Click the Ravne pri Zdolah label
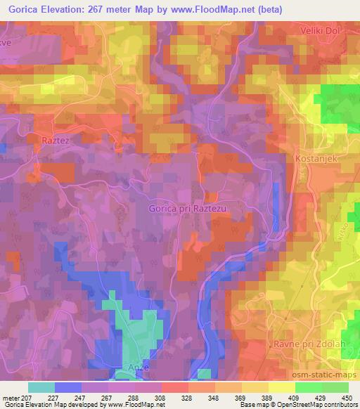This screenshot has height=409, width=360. [304, 345]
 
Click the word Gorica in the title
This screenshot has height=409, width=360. [22, 8]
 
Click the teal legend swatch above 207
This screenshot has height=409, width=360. [41, 387]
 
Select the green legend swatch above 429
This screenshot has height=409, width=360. [309, 387]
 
